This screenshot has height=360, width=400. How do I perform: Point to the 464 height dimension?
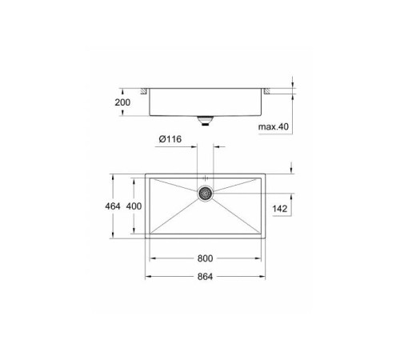(x=113, y=206)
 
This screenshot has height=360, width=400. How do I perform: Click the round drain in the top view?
(x=206, y=193)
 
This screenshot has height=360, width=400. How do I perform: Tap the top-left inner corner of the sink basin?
(x=152, y=178)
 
